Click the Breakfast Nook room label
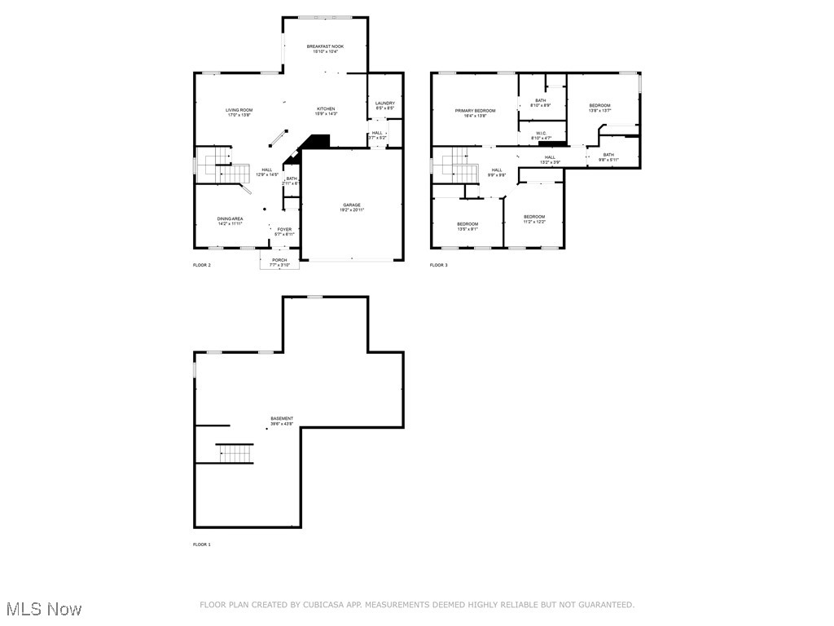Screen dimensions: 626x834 325,47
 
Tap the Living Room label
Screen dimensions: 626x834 239,110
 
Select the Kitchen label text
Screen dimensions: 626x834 326,109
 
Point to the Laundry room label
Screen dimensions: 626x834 385,104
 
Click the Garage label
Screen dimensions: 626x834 351,205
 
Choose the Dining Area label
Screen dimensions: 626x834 230,219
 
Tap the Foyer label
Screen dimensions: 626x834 284,230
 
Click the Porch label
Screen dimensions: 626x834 279,260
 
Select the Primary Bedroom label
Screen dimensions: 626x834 475,111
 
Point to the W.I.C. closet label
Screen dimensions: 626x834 541,133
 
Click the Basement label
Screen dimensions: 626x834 282,419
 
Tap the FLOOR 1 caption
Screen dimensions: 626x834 202,544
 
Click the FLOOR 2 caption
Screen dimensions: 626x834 202,266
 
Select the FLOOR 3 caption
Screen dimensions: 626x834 439,266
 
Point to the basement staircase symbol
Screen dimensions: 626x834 235,453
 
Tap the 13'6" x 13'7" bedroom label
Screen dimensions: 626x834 599,106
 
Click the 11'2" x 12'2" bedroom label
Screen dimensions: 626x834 534,217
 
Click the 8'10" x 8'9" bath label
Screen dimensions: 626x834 541,101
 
